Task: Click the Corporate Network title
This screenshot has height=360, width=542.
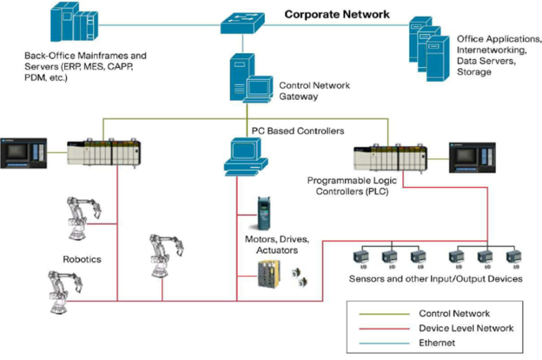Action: [x=337, y=14]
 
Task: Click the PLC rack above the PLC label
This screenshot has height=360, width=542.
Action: [x=390, y=158]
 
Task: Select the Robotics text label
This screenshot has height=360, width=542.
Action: [x=82, y=259]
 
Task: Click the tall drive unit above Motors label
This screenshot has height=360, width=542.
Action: [x=263, y=212]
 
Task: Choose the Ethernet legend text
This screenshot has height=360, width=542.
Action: [x=437, y=342]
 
